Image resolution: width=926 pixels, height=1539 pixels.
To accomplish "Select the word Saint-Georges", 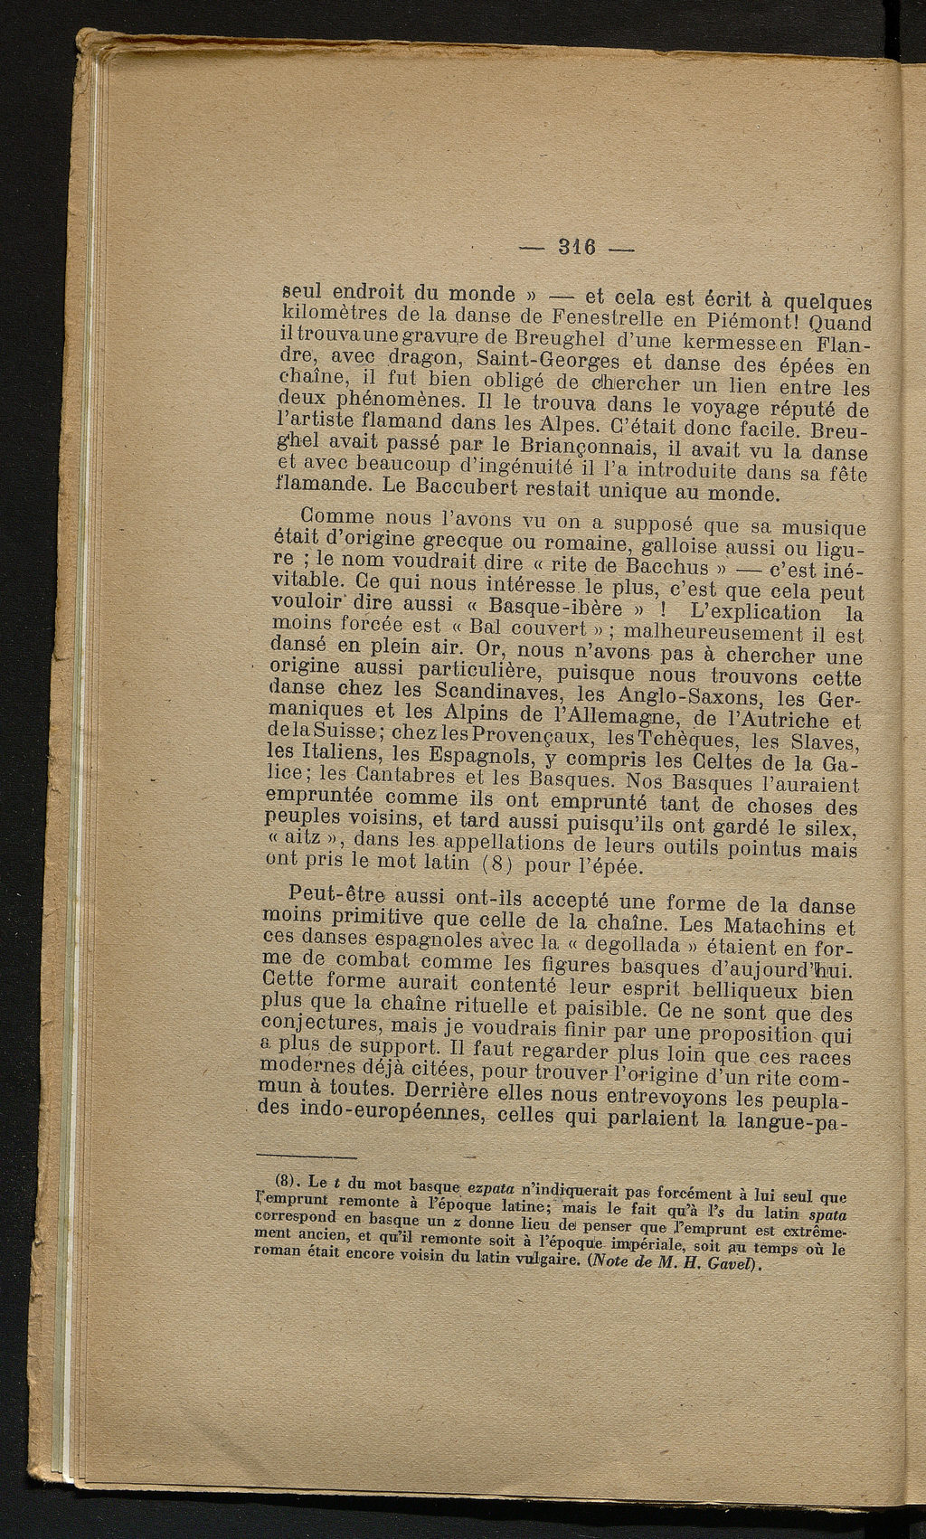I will [535, 366].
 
